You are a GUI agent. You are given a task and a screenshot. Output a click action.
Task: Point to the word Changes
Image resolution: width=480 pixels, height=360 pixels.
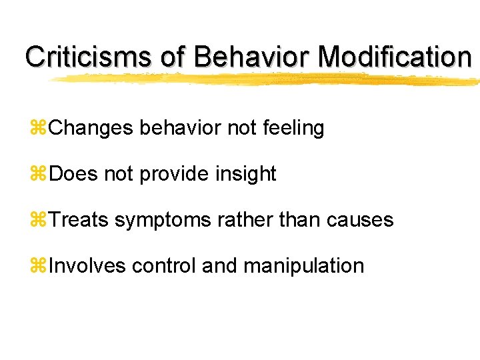tap(91, 128)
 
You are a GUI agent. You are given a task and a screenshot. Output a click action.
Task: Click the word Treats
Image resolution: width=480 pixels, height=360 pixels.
tap(79, 220)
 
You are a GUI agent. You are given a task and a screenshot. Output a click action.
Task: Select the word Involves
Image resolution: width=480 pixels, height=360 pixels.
tap(87, 266)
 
